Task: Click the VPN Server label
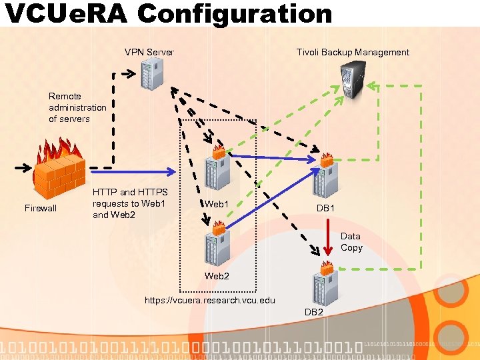click(x=149, y=52)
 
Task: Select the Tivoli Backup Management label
click(x=353, y=52)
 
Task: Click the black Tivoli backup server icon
click(x=352, y=79)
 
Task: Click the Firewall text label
click(x=41, y=209)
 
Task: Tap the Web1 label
click(x=217, y=204)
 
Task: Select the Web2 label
click(x=217, y=276)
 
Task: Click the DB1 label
click(x=325, y=209)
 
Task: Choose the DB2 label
click(x=314, y=313)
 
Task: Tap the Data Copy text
click(x=351, y=242)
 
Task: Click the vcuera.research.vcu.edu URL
click(x=209, y=300)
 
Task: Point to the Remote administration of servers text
click(x=77, y=107)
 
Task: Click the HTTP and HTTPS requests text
click(x=129, y=203)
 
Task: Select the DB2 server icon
click(x=325, y=283)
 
